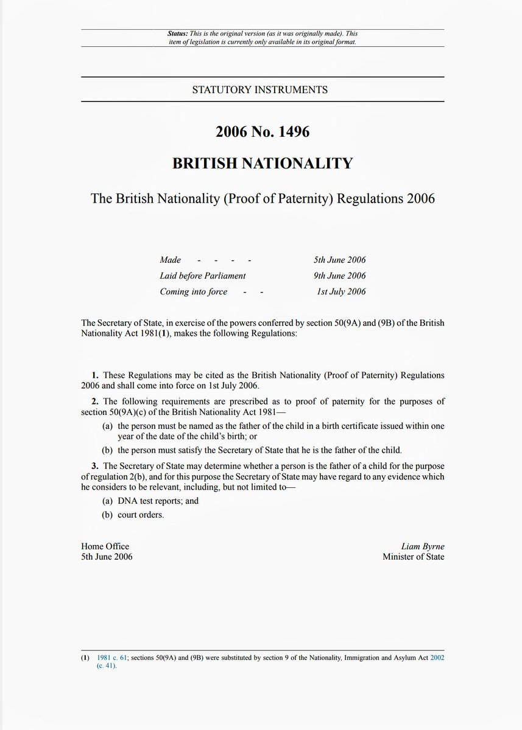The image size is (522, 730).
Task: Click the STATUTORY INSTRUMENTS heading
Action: pyautogui.click(x=260, y=89)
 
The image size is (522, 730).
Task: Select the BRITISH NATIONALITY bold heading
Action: pyautogui.click(x=263, y=163)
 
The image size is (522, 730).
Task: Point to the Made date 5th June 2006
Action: pyautogui.click(x=340, y=260)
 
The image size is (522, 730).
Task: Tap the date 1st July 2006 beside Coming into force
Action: pyautogui.click(x=341, y=291)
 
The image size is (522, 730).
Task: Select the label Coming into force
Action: pyautogui.click(x=194, y=291)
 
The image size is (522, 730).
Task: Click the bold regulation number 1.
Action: pyautogui.click(x=95, y=375)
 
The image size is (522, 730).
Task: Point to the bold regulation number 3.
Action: pyautogui.click(x=95, y=466)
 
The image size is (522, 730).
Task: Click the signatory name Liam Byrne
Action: pyautogui.click(x=424, y=546)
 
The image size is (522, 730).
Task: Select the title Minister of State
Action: pyautogui.click(x=414, y=557)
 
